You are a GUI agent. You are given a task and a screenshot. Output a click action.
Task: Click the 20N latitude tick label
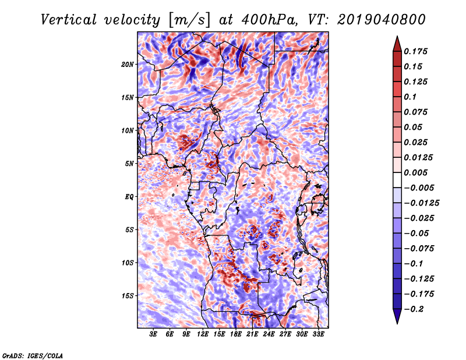point(128,64)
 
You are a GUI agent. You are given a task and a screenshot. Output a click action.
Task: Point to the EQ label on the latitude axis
point(129,197)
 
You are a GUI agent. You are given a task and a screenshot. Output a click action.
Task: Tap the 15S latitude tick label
point(128,296)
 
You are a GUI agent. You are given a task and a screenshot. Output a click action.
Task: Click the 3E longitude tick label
point(153,334)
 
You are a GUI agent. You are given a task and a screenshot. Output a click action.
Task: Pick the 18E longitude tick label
point(235,334)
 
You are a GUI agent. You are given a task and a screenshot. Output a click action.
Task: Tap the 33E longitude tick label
point(318,334)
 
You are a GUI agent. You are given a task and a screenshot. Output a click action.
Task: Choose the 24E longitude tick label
point(269,334)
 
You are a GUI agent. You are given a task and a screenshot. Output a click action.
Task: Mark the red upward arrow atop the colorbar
point(396,41)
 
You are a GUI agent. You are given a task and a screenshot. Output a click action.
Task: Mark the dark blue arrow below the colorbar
point(396,318)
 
